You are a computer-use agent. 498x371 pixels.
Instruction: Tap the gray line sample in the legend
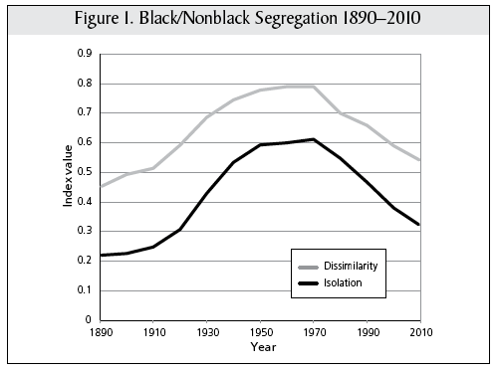[308, 267]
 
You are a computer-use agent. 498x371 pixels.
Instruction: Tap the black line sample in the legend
[308, 284]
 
